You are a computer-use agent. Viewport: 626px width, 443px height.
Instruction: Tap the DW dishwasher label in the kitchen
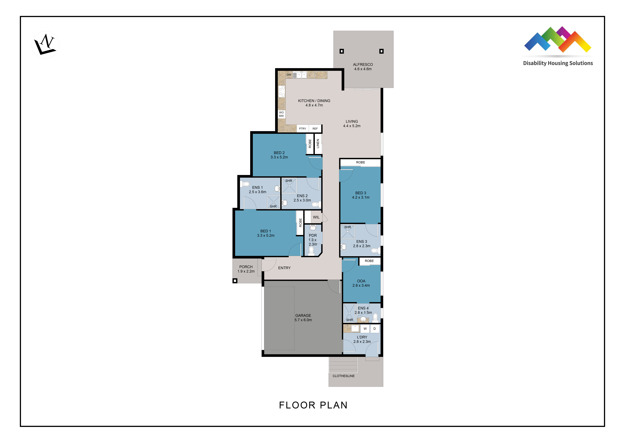[289, 75]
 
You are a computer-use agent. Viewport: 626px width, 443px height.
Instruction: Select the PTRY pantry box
[303, 128]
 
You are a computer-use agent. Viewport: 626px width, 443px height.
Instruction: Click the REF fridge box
[315, 128]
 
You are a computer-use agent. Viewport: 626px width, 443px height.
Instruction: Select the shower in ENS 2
[289, 185]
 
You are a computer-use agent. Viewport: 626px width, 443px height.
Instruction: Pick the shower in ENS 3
[348, 232]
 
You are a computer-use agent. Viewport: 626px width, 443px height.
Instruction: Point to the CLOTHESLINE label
[344, 376]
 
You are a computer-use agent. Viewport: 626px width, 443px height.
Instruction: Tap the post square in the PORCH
[235, 281]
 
